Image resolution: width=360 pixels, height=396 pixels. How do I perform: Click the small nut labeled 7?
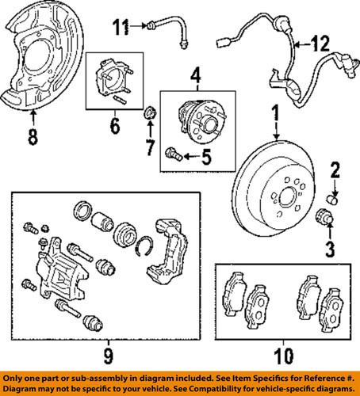point(147,120)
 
